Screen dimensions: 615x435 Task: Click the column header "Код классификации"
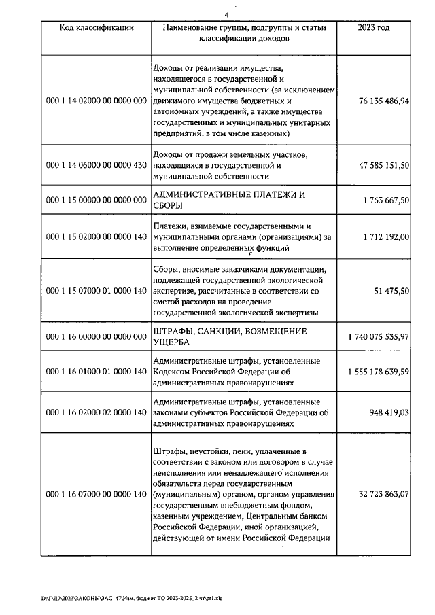click(x=96, y=27)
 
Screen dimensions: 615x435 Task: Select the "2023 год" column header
click(x=374, y=27)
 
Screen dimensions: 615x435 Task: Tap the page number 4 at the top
click(x=226, y=12)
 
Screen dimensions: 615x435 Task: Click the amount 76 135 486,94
click(x=384, y=101)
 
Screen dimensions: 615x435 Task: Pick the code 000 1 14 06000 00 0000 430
click(x=96, y=165)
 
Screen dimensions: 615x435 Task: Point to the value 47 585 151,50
click(x=384, y=165)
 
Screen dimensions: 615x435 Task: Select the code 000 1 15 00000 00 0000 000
click(x=96, y=200)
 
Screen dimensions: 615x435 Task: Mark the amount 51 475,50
click(x=393, y=291)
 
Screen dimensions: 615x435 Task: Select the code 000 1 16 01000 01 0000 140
click(x=96, y=372)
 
